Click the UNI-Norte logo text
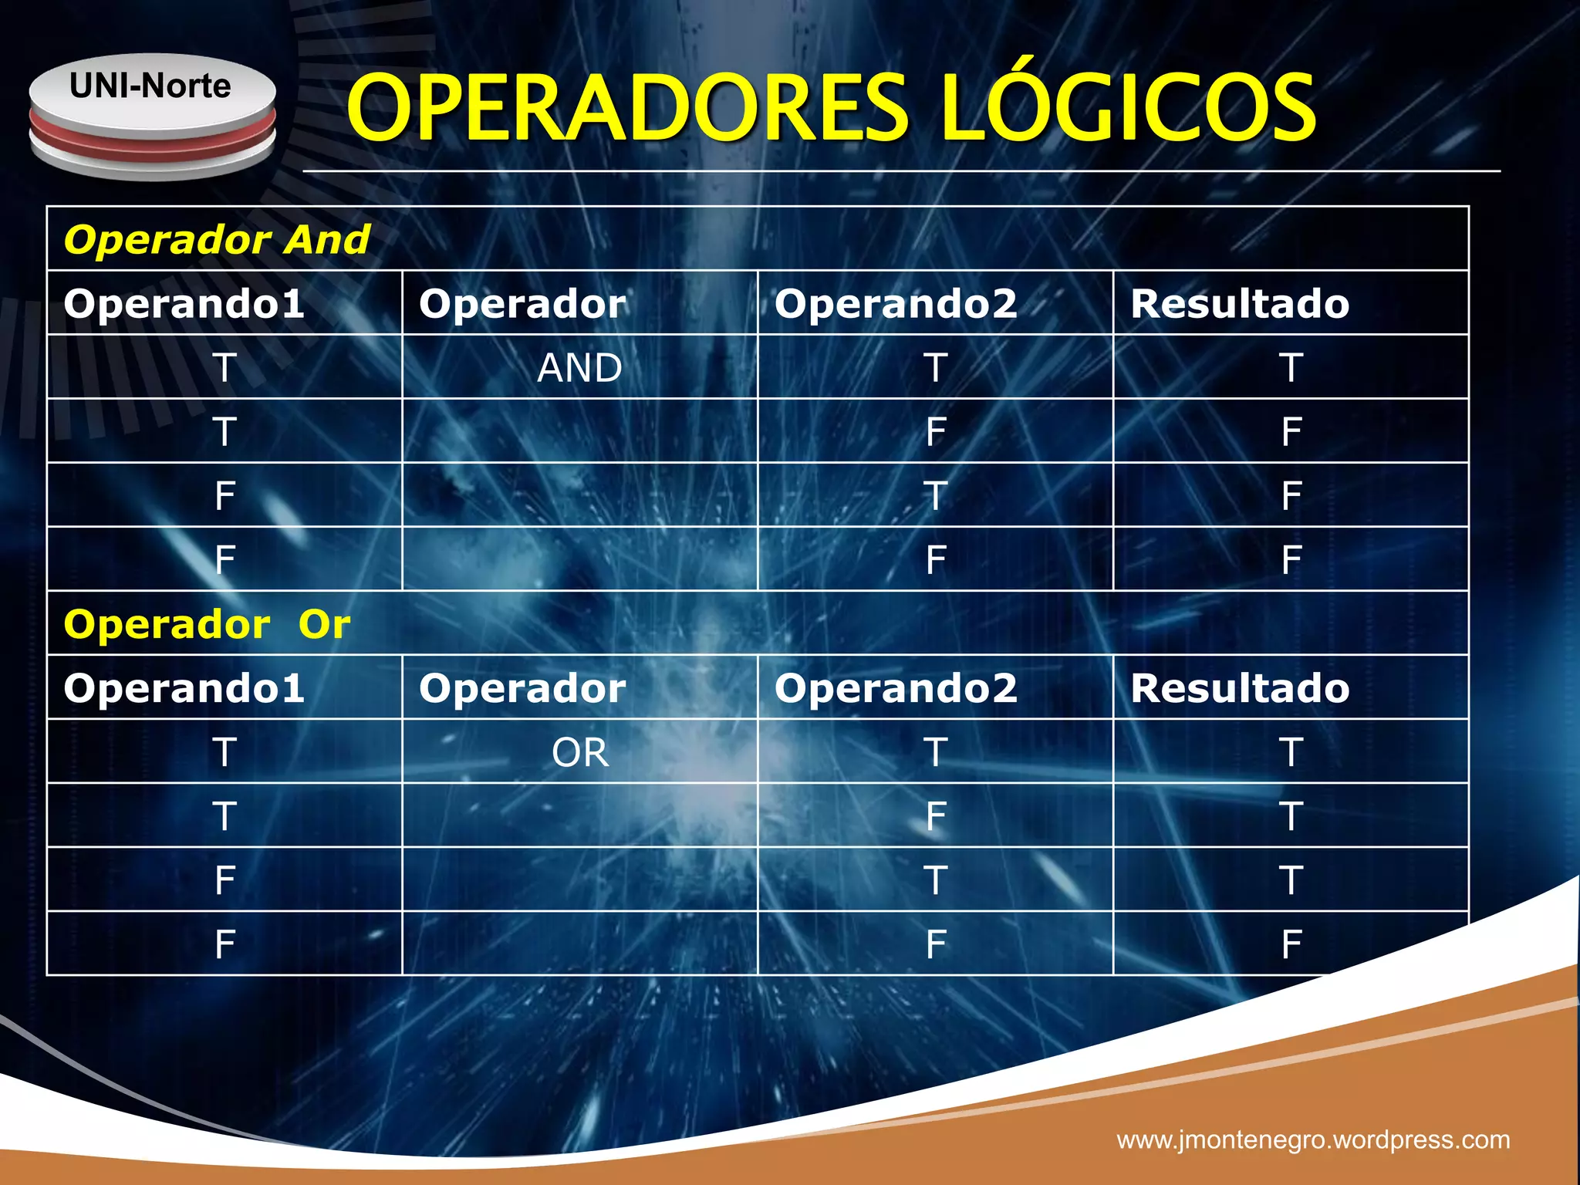pyautogui.click(x=150, y=86)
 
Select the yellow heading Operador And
pyautogui.click(x=217, y=239)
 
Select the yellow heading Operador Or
pyautogui.click(x=207, y=623)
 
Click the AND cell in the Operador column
pyautogui.click(x=579, y=367)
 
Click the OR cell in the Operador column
pyautogui.click(x=580, y=752)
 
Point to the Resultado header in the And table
pyautogui.click(x=1240, y=303)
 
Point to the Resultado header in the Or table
pyautogui.click(x=1240, y=687)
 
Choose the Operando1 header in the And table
pyautogui.click(x=184, y=303)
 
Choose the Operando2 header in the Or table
pyautogui.click(x=896, y=687)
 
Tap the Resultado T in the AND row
pyautogui.click(x=1291, y=367)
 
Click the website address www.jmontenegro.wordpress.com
pyautogui.click(x=1313, y=1139)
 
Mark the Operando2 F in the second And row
pyautogui.click(x=935, y=431)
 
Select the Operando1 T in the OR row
pyautogui.click(x=225, y=752)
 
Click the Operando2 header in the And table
pyautogui.click(x=896, y=303)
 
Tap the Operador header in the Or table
pyautogui.click(x=522, y=687)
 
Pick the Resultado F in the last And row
pyautogui.click(x=1291, y=559)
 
